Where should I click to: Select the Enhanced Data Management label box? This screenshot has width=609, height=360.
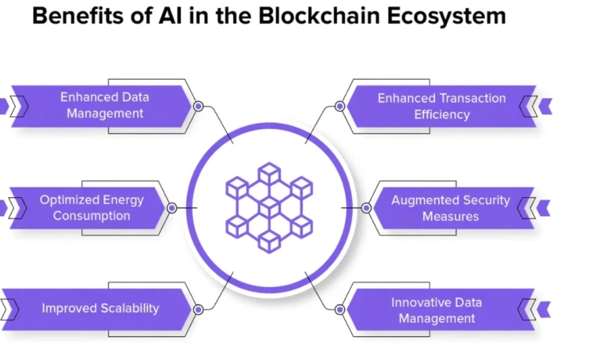(x=104, y=105)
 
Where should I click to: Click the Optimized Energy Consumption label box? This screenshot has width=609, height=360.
(x=91, y=208)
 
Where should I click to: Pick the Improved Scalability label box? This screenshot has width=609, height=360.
(x=100, y=309)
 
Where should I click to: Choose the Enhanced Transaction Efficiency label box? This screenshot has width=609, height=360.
(x=441, y=106)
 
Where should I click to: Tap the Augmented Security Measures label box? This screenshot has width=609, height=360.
(x=450, y=208)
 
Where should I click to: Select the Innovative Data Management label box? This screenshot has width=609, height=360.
(x=437, y=310)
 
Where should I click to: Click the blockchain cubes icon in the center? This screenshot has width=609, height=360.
(x=269, y=207)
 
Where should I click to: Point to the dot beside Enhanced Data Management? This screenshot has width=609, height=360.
(x=199, y=105)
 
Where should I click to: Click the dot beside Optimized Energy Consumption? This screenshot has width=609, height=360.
(x=172, y=208)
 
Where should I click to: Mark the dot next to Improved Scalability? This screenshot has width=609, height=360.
(x=199, y=309)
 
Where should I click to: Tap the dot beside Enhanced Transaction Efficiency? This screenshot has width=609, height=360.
(x=339, y=105)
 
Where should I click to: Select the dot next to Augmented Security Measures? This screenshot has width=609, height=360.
(x=366, y=208)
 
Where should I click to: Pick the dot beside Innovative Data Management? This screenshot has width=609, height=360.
(x=339, y=309)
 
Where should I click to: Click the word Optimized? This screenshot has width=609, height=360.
(x=70, y=200)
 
